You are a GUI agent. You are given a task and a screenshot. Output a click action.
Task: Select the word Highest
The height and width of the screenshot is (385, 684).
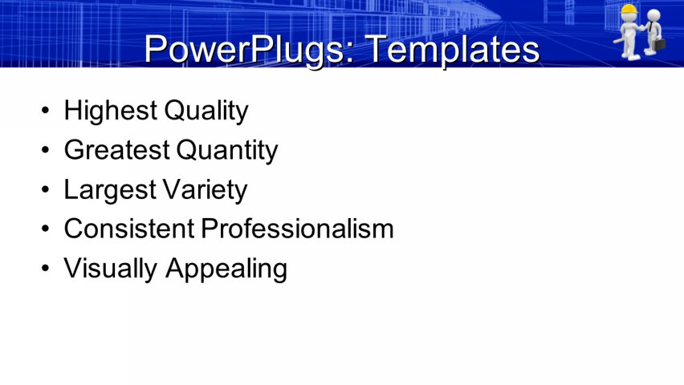coord(111,111)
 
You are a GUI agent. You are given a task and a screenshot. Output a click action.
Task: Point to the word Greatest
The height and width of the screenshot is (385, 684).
coord(116,150)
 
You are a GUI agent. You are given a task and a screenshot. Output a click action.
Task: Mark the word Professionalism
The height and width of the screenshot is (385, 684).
coord(297,229)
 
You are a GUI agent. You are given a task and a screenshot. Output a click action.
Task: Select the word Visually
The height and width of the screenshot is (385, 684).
coord(112,268)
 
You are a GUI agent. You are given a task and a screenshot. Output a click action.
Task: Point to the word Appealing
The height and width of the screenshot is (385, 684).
coord(226,269)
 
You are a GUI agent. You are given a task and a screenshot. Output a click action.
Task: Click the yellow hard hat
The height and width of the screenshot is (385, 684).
coord(629,10)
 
